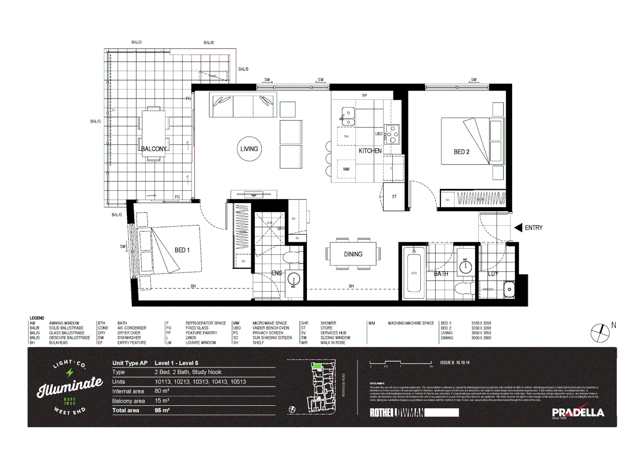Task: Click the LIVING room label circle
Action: coord(249,149)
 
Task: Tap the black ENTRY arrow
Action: coord(518,227)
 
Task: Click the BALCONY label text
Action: coord(154,149)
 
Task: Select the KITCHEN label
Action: coord(370,151)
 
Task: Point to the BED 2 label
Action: coord(462,152)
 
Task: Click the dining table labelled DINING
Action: coord(353,254)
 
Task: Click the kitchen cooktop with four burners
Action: coord(392,134)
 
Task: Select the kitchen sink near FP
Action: coord(348,116)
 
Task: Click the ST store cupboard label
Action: coord(394,196)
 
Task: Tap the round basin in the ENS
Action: coord(293,279)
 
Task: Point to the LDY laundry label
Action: coord(493,274)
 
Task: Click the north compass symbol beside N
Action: coord(600,333)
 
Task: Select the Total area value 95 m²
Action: coord(162,410)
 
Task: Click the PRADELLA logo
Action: coord(578,412)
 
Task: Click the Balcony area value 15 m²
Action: coord(162,401)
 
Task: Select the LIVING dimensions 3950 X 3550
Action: coord(481,333)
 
